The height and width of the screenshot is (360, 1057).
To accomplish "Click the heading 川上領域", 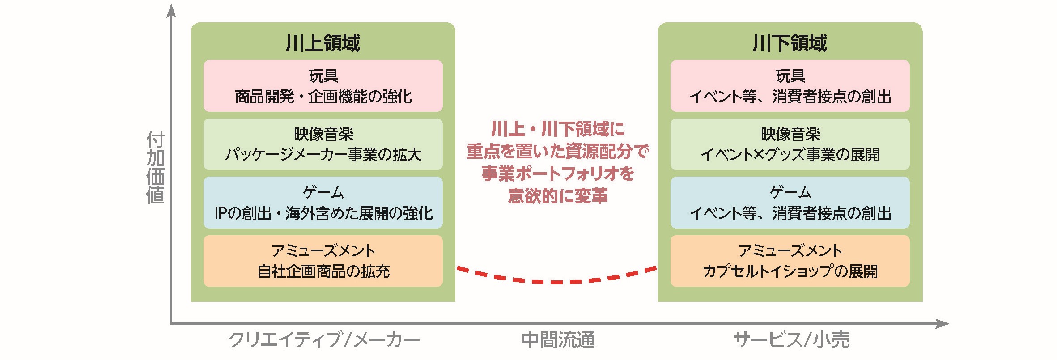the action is point(323,43).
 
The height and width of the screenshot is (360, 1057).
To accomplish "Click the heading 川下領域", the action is point(790,43).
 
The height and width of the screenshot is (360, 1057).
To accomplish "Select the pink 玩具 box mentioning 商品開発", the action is point(323,86).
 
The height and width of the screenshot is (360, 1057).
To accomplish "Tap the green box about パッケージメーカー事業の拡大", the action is point(323,144).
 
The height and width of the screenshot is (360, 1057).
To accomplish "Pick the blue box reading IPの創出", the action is point(323,203).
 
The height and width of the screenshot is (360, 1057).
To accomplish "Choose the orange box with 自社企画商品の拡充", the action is point(323,261).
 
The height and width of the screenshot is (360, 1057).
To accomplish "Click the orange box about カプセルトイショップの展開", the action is point(790,261).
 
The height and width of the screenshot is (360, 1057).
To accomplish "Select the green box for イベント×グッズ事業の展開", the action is point(790,144).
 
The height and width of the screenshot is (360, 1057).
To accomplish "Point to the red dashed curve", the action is point(556,282).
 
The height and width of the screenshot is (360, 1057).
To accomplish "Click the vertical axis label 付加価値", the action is point(155,168).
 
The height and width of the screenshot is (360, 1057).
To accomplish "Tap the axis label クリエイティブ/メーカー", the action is point(324,340).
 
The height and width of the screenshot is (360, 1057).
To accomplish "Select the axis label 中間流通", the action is point(558,340).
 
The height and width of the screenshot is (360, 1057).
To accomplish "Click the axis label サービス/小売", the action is point(791,340).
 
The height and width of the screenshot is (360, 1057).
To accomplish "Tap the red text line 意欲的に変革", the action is point(558,196).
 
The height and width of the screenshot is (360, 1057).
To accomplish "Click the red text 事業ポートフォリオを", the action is point(558,174).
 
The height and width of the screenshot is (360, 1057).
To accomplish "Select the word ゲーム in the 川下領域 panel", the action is point(790,192).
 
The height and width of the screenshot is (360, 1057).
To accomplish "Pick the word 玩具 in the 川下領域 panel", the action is point(790,76).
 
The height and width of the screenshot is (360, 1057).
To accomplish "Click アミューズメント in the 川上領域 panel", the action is point(323,250).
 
